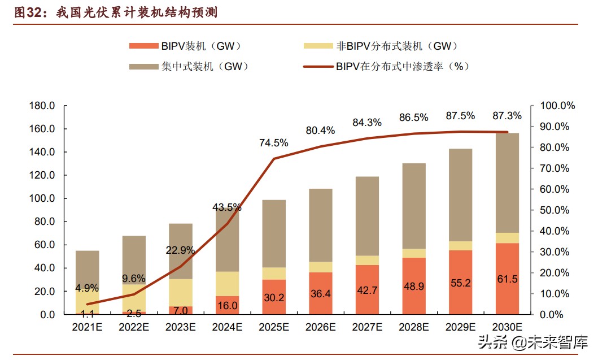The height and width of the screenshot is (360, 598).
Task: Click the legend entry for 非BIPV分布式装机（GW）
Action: pyautogui.click(x=381, y=46)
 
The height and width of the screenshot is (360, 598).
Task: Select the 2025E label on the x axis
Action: pyautogui.click(x=274, y=327)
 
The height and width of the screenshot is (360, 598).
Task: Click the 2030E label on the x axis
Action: pyautogui.click(x=507, y=327)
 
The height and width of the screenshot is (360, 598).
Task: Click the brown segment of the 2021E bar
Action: pyautogui.click(x=88, y=268)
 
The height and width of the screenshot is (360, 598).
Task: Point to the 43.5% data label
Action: pyautogui.click(x=228, y=207)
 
